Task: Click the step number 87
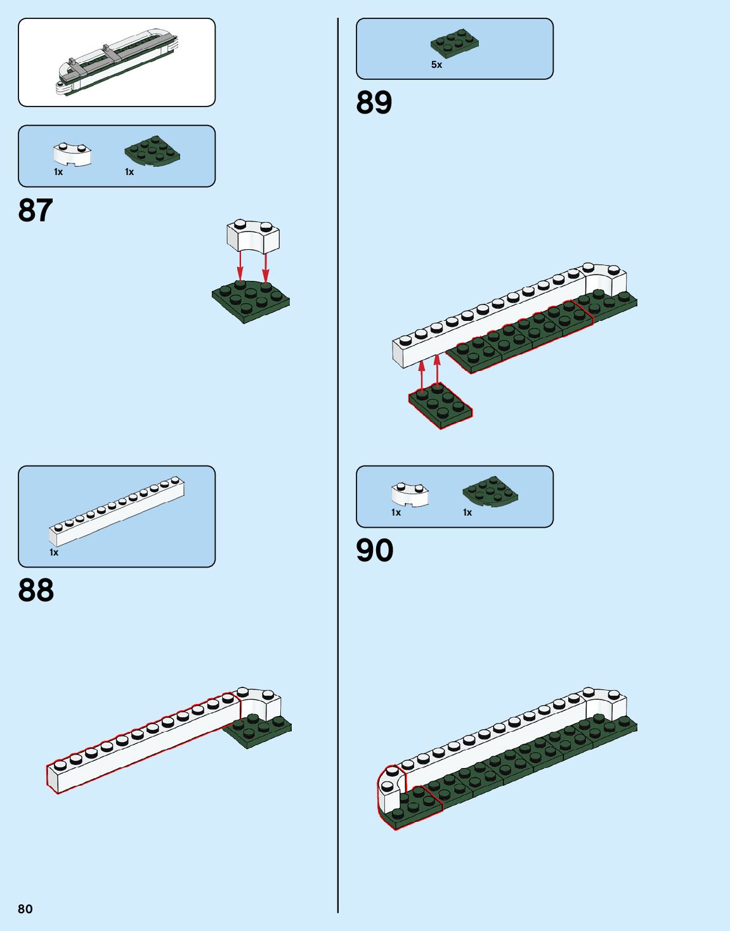coord(36,211)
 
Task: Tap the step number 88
coord(36,590)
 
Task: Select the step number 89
coord(374,103)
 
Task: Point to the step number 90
coord(374,550)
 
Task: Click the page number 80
coord(25,909)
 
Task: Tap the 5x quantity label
coord(436,65)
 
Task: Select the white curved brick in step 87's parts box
coord(72,154)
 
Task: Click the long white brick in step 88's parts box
coord(117,511)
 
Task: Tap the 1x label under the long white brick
coord(54,552)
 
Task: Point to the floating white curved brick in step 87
coord(253,237)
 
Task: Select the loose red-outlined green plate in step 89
coord(440,406)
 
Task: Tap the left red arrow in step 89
coord(422,376)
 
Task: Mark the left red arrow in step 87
coord(240,267)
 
